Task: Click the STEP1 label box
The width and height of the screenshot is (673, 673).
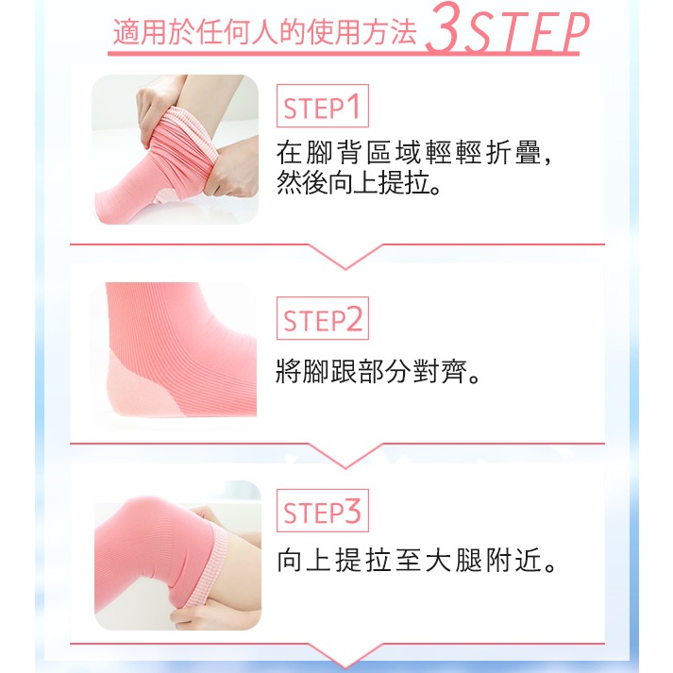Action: pos(322,106)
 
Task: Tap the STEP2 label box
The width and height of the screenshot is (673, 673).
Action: pos(322,318)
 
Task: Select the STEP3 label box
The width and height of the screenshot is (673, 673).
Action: pos(322,511)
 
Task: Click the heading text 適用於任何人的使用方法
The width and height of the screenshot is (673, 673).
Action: pos(264,32)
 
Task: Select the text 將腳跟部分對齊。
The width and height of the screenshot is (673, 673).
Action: pos(378,371)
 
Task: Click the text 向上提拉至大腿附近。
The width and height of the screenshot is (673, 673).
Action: pos(416,560)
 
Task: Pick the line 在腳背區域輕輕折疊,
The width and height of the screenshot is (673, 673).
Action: pos(413,152)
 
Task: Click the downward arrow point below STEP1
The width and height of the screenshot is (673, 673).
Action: pos(345,269)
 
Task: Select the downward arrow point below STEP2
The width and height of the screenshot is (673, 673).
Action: pos(345,468)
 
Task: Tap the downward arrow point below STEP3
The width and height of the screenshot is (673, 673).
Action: pos(345,668)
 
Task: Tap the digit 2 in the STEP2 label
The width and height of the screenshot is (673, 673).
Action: pos(354,319)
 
